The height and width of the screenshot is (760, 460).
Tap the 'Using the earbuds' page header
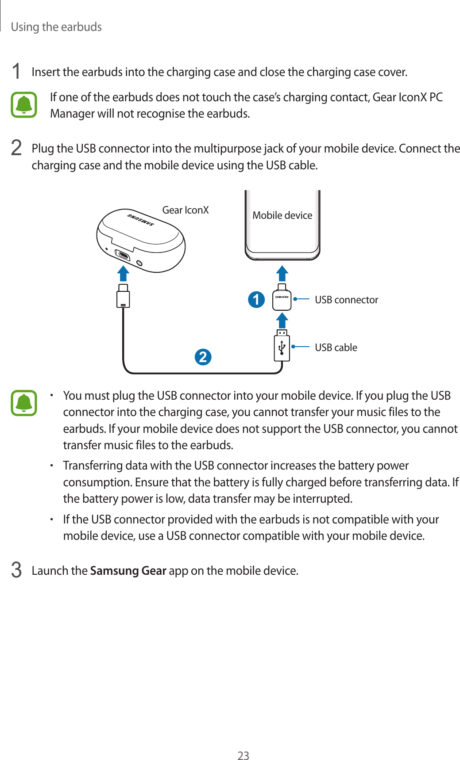(x=56, y=27)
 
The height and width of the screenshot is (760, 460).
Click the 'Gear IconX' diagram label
(x=186, y=210)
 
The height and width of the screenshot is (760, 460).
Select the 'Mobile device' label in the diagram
(x=282, y=215)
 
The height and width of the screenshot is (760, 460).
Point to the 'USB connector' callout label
(x=346, y=300)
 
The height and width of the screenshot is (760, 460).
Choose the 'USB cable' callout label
(x=336, y=348)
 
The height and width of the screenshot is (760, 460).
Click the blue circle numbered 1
(x=256, y=300)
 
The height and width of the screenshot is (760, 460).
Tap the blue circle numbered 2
(x=203, y=357)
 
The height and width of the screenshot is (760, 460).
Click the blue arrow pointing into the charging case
(x=123, y=273)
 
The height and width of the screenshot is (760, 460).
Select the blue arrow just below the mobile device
(x=282, y=273)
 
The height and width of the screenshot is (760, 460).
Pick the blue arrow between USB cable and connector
(x=282, y=320)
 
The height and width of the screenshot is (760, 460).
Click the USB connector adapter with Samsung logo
(x=282, y=299)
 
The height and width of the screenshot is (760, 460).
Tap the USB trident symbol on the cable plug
(x=282, y=348)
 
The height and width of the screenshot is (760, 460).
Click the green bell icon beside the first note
(x=24, y=105)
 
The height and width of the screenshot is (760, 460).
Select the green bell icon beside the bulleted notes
(x=24, y=403)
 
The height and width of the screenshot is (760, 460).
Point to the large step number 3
(x=16, y=570)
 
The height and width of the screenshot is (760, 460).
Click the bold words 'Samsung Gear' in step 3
(x=128, y=571)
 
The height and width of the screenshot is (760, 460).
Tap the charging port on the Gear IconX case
(x=122, y=255)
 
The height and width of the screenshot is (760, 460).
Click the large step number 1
(x=16, y=72)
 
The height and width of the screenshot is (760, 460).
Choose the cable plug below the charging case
(x=123, y=296)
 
